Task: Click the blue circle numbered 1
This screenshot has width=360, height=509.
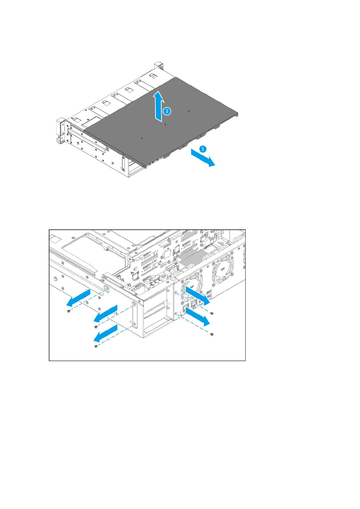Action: click(203, 149)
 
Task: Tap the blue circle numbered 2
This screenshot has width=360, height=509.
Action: click(167, 111)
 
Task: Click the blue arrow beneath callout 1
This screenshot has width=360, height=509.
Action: click(203, 158)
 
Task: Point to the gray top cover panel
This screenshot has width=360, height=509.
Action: click(169, 121)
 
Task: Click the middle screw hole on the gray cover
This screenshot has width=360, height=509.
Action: click(165, 124)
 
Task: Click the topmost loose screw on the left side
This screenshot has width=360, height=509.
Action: click(69, 311)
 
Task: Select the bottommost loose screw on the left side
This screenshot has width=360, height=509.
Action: click(96, 346)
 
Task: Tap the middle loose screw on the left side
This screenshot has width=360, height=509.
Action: click(96, 327)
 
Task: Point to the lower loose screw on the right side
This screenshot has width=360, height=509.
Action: click(212, 334)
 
